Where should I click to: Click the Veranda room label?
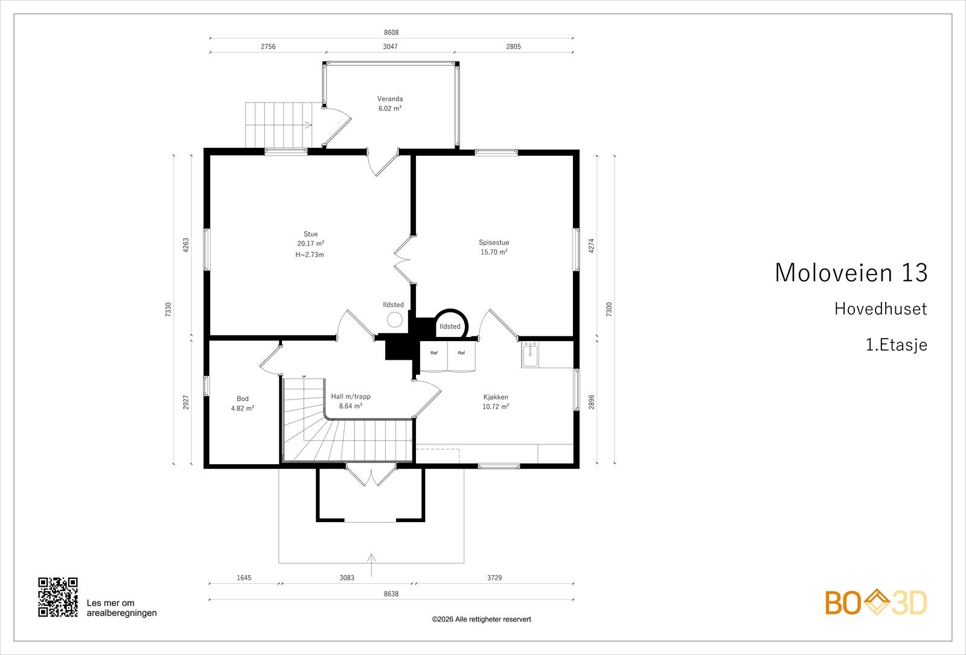[x=390, y=99]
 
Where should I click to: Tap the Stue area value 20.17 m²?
[x=310, y=244]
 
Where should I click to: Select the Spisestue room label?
[x=494, y=242]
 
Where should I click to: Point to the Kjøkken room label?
[x=496, y=397]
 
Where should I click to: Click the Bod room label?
[x=242, y=399]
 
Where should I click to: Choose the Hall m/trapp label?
[x=351, y=397]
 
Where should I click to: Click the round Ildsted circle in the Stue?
[x=394, y=319]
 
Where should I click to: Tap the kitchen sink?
[x=530, y=355]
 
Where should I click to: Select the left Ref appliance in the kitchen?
[x=434, y=356]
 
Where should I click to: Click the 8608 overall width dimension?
[x=391, y=33]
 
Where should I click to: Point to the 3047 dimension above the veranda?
[x=390, y=46]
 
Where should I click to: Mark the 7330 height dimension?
[x=168, y=309]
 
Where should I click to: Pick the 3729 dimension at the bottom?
[x=494, y=578]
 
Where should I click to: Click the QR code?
[x=58, y=597]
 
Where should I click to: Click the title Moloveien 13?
[x=851, y=272]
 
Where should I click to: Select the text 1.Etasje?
[x=896, y=345]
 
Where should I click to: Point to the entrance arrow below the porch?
[x=371, y=565]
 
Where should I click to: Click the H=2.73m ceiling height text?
[x=310, y=254]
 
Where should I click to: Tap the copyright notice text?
[x=481, y=619]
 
